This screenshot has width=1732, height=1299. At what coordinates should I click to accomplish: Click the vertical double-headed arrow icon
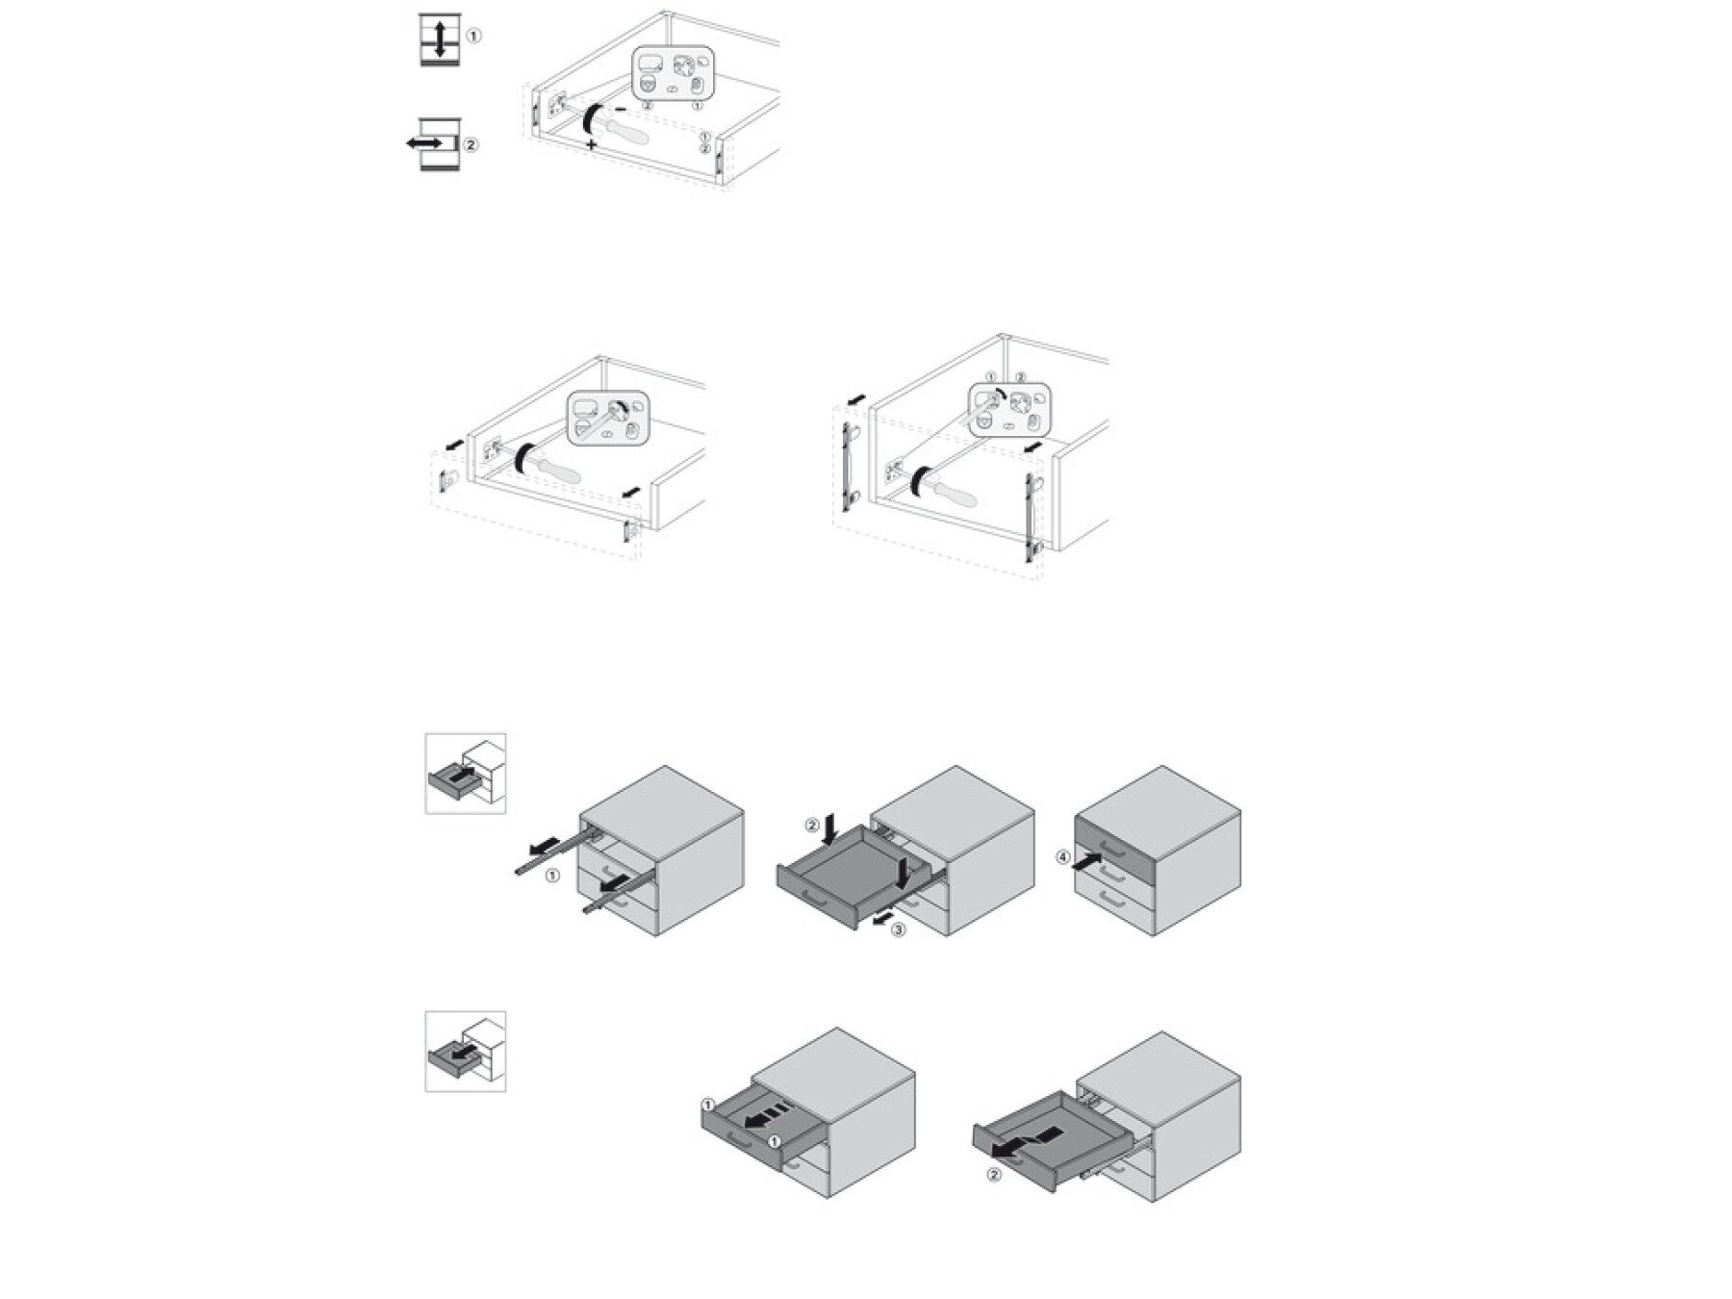pos(440,38)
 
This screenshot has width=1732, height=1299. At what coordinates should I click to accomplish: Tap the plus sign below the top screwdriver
pos(591,144)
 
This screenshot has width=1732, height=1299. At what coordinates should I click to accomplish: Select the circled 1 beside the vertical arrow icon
pos(473,36)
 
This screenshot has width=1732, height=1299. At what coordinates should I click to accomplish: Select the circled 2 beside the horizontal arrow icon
pos(471,145)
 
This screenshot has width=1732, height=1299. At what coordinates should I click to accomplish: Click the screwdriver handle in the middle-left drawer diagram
pos(558,469)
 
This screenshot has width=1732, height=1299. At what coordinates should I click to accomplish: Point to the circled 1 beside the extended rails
pos(551,876)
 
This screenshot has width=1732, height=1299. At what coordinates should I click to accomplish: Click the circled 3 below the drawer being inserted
pos(898,930)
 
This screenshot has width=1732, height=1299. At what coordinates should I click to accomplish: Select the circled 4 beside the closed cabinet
pos(1063,857)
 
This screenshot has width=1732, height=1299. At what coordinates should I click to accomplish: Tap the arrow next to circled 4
pos(1087,861)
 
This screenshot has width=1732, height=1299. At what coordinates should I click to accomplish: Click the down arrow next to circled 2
pos(834,825)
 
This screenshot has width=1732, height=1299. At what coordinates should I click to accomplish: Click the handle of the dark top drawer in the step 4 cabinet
pos(1111,848)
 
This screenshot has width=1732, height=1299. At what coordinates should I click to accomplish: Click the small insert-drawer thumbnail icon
pos(466,774)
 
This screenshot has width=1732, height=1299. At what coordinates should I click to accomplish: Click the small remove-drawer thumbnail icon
pos(466,1052)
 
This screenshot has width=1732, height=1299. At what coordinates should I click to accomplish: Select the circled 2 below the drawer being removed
pos(994,1174)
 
